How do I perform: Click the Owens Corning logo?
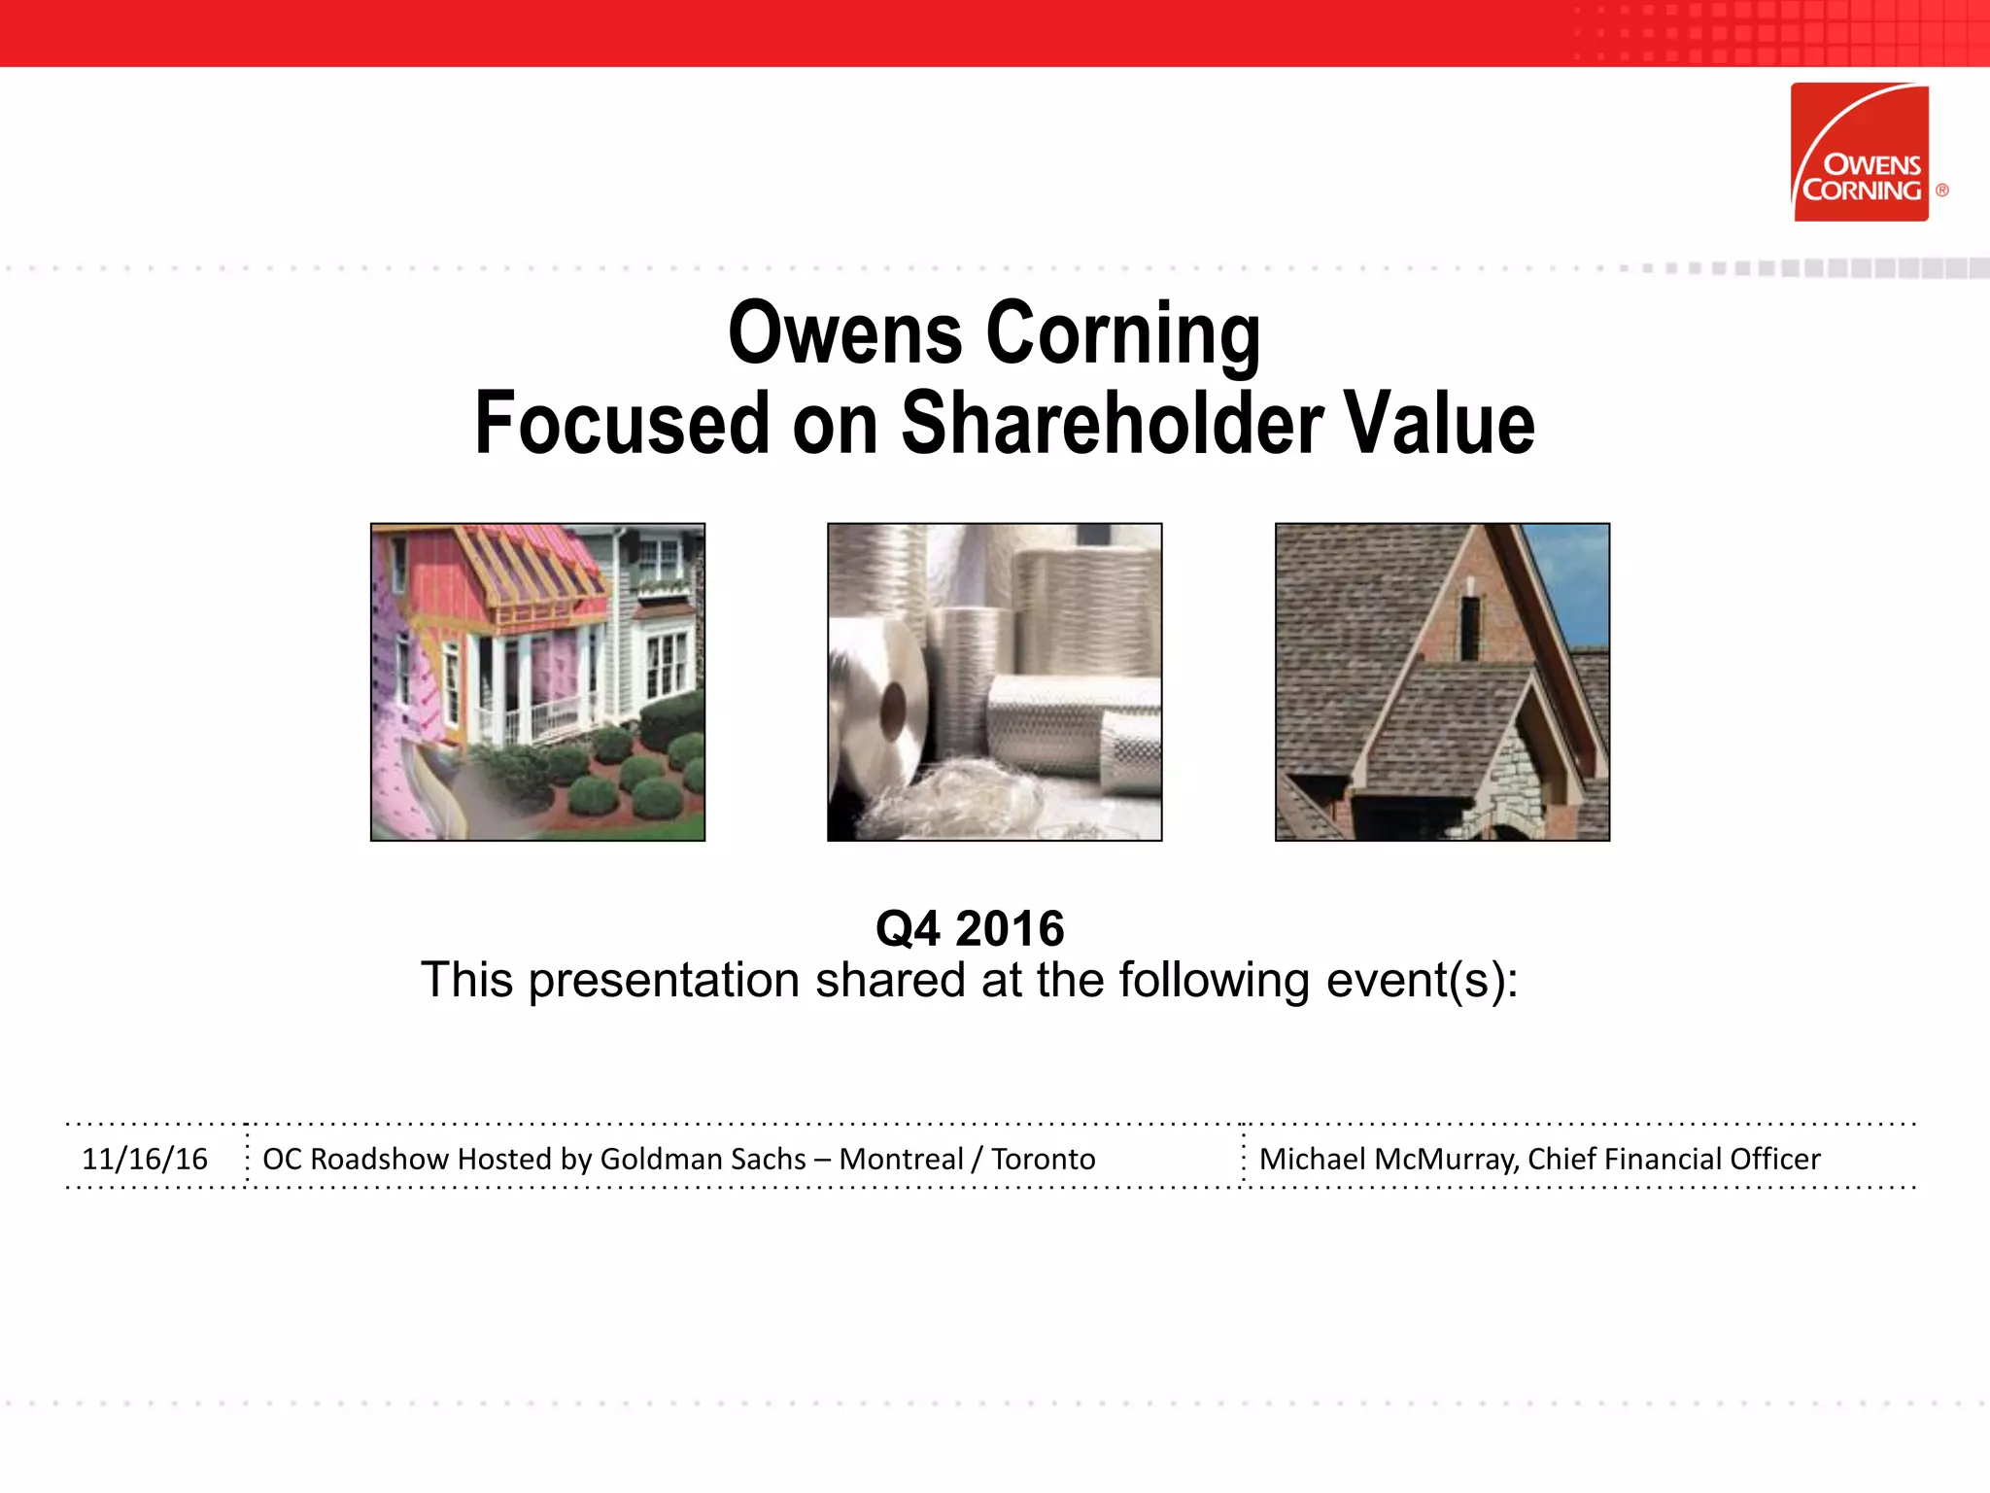1860,153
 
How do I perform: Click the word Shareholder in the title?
1112,423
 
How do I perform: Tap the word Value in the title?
1439,423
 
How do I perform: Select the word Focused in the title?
622,423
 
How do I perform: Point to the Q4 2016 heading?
970,928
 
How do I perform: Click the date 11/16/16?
145,1159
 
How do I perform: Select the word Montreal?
901,1159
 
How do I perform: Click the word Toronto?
1043,1159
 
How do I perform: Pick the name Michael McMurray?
1389,1159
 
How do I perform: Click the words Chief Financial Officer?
1673,1159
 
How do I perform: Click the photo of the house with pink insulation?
537,681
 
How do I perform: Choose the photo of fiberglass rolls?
994,681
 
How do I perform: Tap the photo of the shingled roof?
1442,681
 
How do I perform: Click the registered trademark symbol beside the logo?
1941,191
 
